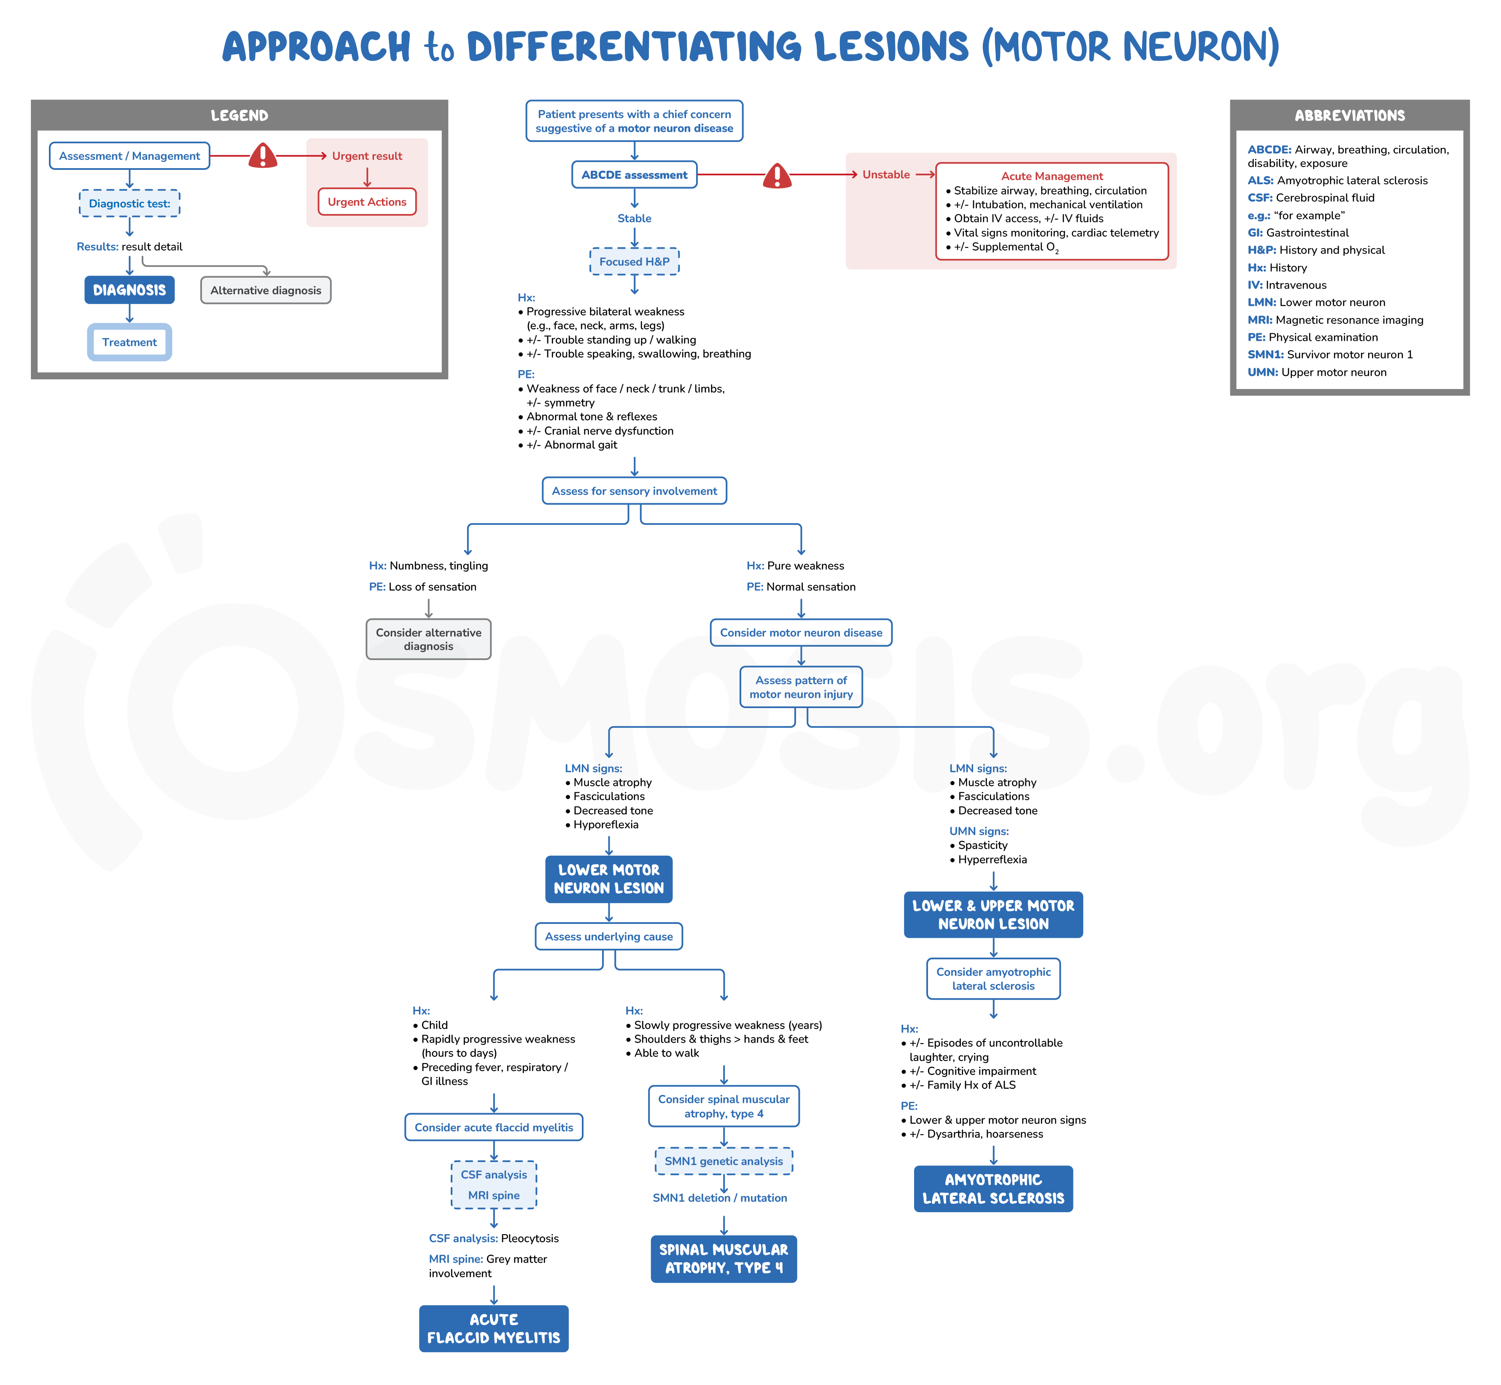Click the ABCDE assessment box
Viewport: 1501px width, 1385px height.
pos(634,174)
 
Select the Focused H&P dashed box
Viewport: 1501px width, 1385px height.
pos(634,262)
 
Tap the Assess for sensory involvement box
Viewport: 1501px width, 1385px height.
pos(634,491)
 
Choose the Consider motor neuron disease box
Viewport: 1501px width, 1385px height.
pos(801,633)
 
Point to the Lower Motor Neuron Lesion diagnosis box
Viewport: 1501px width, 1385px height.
pos(609,879)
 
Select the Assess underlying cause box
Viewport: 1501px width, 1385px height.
pos(609,937)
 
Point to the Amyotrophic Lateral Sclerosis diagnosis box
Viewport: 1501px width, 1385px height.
pos(993,1189)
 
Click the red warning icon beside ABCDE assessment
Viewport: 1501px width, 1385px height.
pos(777,176)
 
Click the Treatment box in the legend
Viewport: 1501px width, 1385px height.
pos(130,343)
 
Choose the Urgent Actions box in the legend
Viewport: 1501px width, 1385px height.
pos(367,202)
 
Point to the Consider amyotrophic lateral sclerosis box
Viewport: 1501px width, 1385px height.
pos(993,979)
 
